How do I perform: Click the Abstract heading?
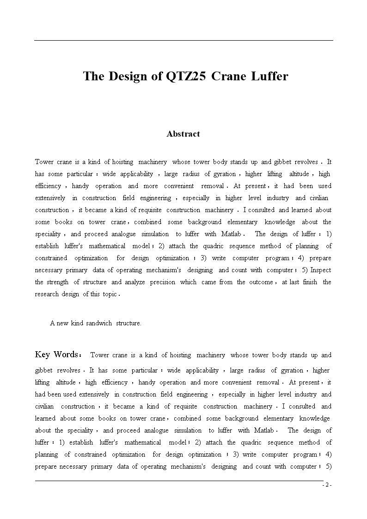pos(183,134)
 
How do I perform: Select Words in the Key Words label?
pos(66,354)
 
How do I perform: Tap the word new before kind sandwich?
pos(63,323)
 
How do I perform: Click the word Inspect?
pos(321,270)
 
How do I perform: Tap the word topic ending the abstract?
pos(110,294)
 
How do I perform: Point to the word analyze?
pos(135,282)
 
